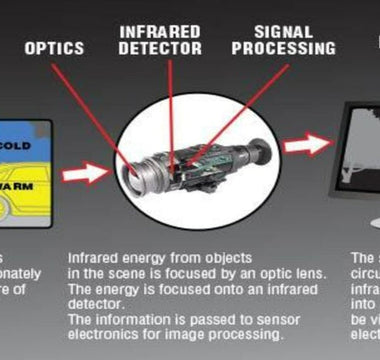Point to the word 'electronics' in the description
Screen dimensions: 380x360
[x=103, y=321]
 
